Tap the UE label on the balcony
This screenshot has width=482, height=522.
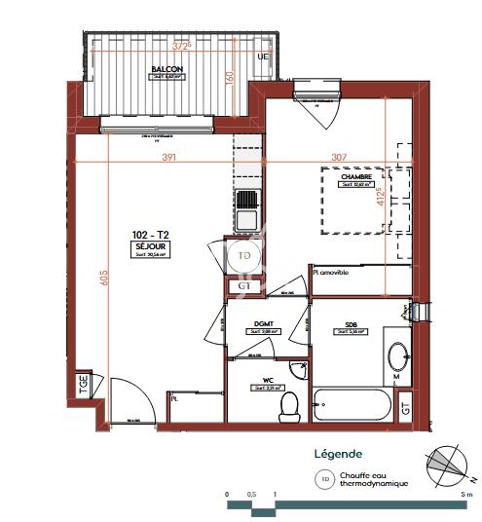pos(261,56)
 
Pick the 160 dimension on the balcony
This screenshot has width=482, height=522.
pos(231,81)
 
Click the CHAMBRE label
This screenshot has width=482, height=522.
pos(356,176)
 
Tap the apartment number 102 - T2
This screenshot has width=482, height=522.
pos(150,235)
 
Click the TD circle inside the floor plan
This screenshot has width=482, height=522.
pos(243,256)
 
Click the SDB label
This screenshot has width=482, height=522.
pos(350,324)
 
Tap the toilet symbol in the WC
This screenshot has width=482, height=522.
pos(288,406)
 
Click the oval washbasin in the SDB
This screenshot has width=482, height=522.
pos(396,355)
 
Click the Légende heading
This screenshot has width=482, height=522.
pos(338,454)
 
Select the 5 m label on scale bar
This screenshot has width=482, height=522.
pos(468,495)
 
